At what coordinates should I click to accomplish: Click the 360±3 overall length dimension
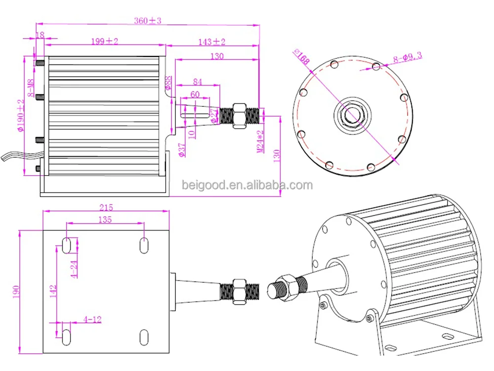(148, 21)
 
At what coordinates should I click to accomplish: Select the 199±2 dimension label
(104, 42)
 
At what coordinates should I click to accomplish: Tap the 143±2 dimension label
(212, 42)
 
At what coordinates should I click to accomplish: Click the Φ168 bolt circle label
(301, 57)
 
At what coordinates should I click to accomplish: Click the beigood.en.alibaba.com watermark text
(247, 185)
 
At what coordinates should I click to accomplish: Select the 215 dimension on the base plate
(106, 207)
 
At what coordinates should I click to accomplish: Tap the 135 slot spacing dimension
(105, 219)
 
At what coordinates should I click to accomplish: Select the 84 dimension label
(198, 81)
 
